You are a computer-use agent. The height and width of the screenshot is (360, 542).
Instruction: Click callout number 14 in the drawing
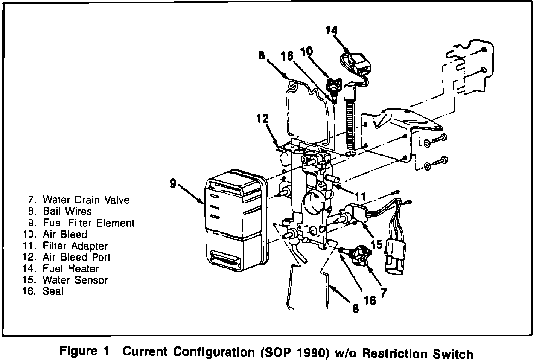332,30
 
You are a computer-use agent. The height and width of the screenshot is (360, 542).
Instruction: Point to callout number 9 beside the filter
173,183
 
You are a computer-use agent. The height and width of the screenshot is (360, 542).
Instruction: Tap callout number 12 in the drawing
263,119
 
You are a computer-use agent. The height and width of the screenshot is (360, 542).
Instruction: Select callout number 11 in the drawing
360,196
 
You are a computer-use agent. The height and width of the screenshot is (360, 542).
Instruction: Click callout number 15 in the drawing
376,244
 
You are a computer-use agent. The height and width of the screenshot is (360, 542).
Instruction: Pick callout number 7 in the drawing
384,292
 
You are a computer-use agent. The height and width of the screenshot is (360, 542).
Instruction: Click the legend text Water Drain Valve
86,200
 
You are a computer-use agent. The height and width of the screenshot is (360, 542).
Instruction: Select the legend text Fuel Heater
71,268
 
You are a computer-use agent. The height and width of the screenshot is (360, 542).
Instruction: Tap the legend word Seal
53,291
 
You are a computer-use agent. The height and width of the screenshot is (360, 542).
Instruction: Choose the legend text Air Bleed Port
77,257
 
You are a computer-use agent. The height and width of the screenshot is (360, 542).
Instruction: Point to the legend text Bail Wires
67,211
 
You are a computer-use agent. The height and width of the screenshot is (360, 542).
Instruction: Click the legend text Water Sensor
75,280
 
